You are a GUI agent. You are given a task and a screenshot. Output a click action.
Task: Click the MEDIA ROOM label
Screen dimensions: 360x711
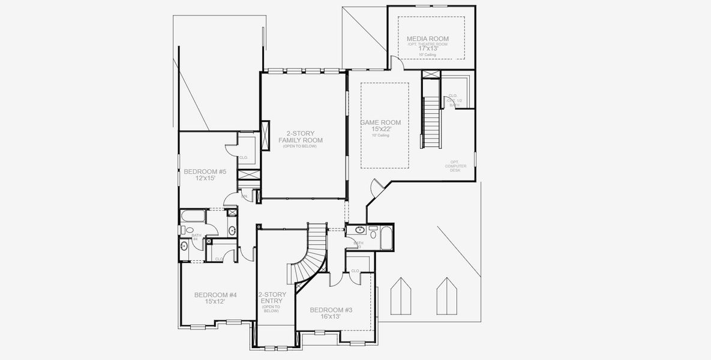click(x=427, y=39)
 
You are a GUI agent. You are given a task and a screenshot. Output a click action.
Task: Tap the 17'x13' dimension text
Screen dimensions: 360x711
click(x=427, y=49)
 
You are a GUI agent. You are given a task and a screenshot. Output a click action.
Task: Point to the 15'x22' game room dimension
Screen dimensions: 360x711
click(x=380, y=129)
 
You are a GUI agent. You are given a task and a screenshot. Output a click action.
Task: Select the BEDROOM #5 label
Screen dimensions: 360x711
click(x=205, y=172)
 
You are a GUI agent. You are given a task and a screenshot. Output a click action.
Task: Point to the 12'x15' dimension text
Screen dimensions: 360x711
click(x=205, y=179)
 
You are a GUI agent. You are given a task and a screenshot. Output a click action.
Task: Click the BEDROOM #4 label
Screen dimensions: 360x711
click(x=215, y=295)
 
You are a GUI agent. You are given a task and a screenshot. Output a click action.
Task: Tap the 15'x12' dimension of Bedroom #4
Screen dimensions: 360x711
click(x=215, y=302)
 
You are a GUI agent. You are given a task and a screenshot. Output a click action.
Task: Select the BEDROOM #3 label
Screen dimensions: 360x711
click(x=331, y=310)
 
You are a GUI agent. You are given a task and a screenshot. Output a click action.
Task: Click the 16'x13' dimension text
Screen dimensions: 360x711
click(x=331, y=316)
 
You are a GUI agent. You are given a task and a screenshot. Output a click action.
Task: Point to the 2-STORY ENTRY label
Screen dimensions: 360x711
click(x=272, y=298)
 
